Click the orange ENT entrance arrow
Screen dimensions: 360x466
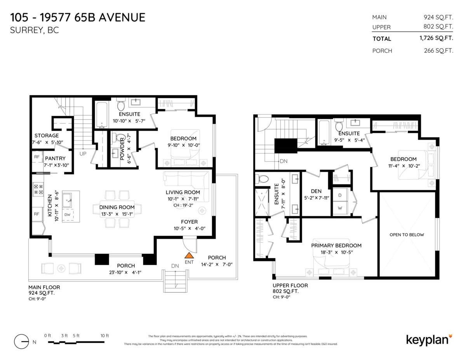[189, 256]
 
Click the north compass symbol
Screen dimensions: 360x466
[22, 341]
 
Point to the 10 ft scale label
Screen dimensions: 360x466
[104, 335]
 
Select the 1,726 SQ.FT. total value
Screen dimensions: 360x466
[436, 38]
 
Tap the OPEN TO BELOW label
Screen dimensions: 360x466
[407, 235]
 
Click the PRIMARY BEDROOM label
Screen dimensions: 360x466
[336, 245]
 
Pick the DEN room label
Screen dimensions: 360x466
[316, 191]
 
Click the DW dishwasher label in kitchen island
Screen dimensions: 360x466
[67, 214]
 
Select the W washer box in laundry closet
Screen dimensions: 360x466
[340, 208]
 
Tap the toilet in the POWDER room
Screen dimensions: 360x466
[120, 138]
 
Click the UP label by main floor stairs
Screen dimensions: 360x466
[83, 154]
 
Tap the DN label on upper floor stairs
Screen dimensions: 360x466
[283, 161]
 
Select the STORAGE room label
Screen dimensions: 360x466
[46, 136]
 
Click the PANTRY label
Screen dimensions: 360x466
[55, 158]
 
